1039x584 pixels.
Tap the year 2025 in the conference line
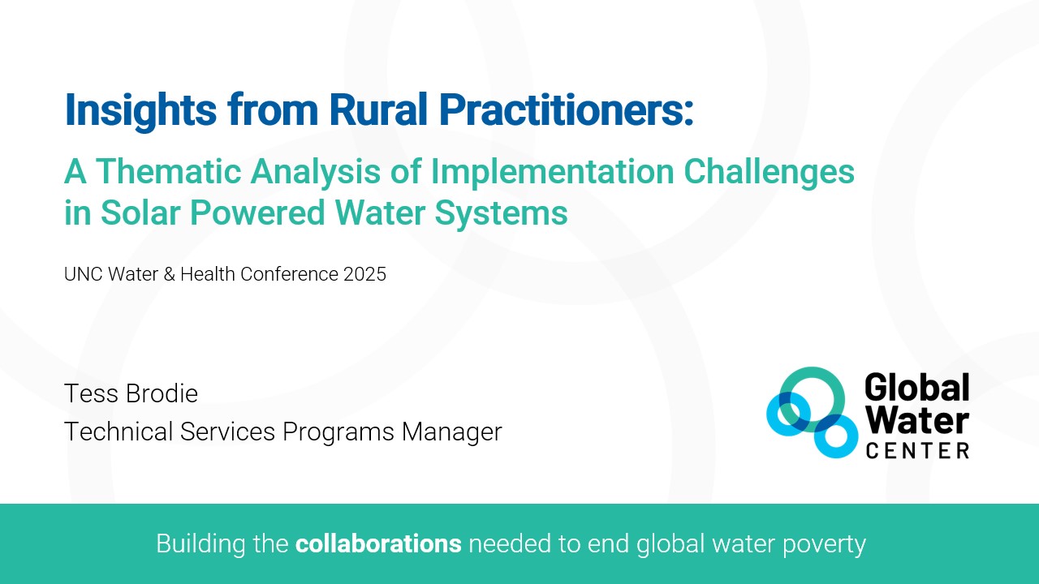364,274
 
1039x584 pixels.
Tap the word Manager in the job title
452,432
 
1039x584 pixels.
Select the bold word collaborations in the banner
378,543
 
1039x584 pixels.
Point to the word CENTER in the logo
917,450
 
